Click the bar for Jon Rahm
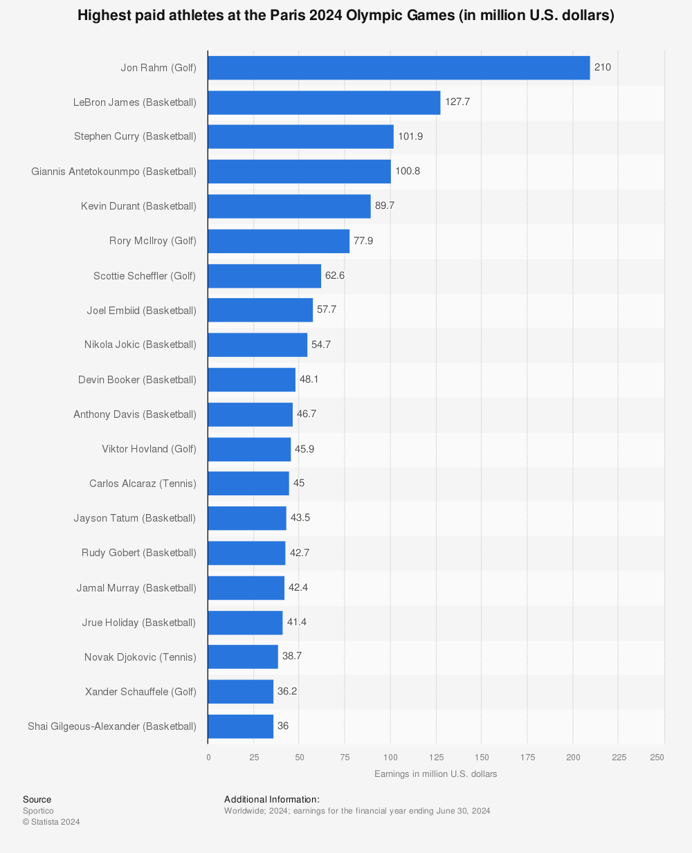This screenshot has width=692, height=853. coord(399,68)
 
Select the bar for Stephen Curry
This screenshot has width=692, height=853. coord(300,136)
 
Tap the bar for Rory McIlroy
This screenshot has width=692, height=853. coord(278,241)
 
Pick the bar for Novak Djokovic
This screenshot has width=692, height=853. coord(243,657)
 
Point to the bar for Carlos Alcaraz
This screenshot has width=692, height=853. coord(248,483)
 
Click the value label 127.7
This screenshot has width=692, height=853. coord(457,102)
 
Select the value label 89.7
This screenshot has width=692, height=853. coord(385,205)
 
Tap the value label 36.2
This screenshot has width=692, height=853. coord(287,691)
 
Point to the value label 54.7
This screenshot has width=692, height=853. coord(321,345)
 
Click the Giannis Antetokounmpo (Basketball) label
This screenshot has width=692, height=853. coord(113,171)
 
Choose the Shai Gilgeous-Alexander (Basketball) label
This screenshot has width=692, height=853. coord(112,726)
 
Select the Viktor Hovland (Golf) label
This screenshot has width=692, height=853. coord(149,449)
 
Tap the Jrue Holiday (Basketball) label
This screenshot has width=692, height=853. coord(138,623)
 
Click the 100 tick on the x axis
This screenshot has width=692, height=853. coord(390,758)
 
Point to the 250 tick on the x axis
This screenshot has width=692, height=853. coord(657,758)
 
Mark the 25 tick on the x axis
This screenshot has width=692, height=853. coord(254,758)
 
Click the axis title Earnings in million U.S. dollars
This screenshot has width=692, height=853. coord(436,774)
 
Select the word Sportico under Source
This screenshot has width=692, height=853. coord(38,811)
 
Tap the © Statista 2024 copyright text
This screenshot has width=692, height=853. coord(51,822)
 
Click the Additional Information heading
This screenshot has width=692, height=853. coord(272,800)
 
